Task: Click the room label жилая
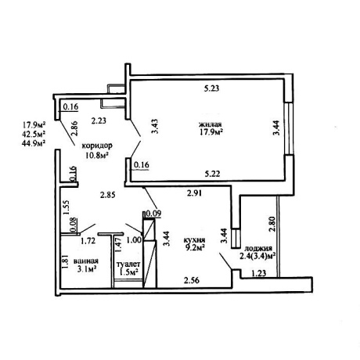[x=210, y=124]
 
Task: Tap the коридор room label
[x=97, y=146]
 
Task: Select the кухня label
[x=194, y=240]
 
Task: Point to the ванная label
[x=86, y=261]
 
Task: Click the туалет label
[x=128, y=265]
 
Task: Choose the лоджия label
[x=257, y=248]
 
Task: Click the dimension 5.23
[x=211, y=88]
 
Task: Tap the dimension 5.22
[x=212, y=174]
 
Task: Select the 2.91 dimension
[x=195, y=193]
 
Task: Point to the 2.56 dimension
[x=192, y=280]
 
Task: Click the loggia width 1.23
[x=259, y=273]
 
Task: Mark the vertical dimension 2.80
[x=272, y=225]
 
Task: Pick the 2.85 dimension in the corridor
[x=108, y=195]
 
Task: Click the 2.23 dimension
[x=99, y=121]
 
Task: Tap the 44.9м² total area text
[x=34, y=142]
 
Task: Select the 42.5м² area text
[x=34, y=134]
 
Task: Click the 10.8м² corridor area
[x=97, y=156]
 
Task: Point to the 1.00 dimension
[x=134, y=239]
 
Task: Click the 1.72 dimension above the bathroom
[x=88, y=241]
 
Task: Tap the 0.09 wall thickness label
[x=154, y=214]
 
